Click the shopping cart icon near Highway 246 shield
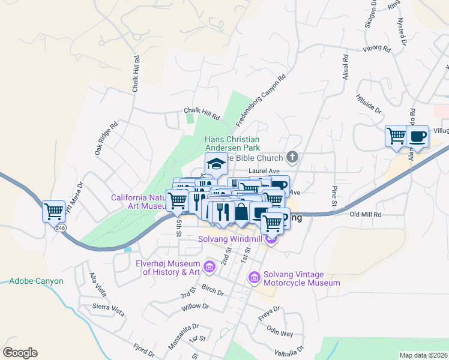(54, 211)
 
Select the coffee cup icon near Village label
(417, 136)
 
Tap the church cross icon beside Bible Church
(292, 157)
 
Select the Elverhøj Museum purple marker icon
(209, 266)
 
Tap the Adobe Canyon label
(36, 280)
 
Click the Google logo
(20, 353)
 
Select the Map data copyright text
(423, 355)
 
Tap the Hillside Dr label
(369, 103)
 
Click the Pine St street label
(334, 197)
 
